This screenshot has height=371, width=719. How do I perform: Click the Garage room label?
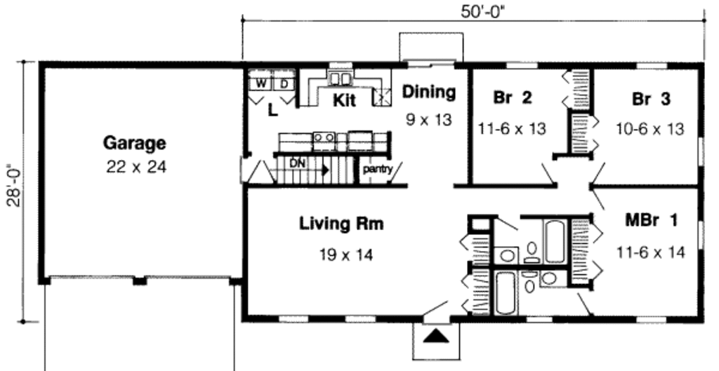[135, 143]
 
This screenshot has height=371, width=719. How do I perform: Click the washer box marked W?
[260, 83]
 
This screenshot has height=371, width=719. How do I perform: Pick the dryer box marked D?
[284, 83]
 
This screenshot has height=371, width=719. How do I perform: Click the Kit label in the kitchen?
[344, 100]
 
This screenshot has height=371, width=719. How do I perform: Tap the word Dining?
[428, 92]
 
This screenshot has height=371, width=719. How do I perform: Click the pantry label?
[377, 168]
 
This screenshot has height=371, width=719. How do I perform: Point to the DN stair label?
[298, 163]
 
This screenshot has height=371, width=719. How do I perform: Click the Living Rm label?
[341, 224]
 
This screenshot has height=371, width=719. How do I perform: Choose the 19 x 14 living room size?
[344, 254]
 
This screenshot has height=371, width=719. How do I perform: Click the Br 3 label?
[651, 99]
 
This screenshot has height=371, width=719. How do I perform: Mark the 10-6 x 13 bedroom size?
[651, 129]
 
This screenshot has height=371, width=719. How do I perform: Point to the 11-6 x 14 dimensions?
[651, 252]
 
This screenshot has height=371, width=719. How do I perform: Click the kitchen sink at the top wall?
[341, 77]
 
